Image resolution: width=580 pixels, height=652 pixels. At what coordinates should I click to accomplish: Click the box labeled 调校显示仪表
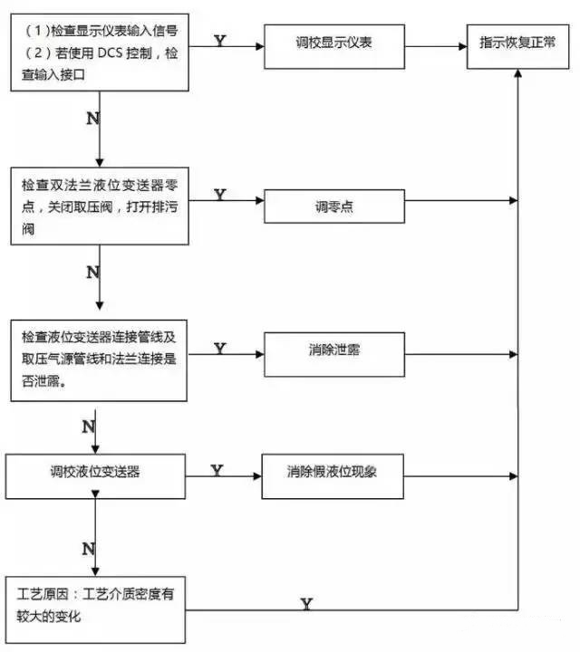[332, 43]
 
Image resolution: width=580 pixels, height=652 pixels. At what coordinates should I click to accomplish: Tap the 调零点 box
[332, 206]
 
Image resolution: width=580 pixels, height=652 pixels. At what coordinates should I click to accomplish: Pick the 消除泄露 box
[332, 350]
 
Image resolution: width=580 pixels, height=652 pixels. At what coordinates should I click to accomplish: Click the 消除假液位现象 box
[332, 472]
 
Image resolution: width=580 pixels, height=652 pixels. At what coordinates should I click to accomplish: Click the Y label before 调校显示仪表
[219, 41]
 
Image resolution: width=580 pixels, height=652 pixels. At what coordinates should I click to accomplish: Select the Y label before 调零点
[219, 195]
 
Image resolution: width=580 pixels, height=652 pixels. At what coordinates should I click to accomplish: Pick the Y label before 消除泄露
[219, 348]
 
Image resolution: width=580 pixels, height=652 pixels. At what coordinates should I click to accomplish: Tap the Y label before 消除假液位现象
[217, 470]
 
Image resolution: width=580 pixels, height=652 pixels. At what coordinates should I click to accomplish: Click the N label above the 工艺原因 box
[88, 549]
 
